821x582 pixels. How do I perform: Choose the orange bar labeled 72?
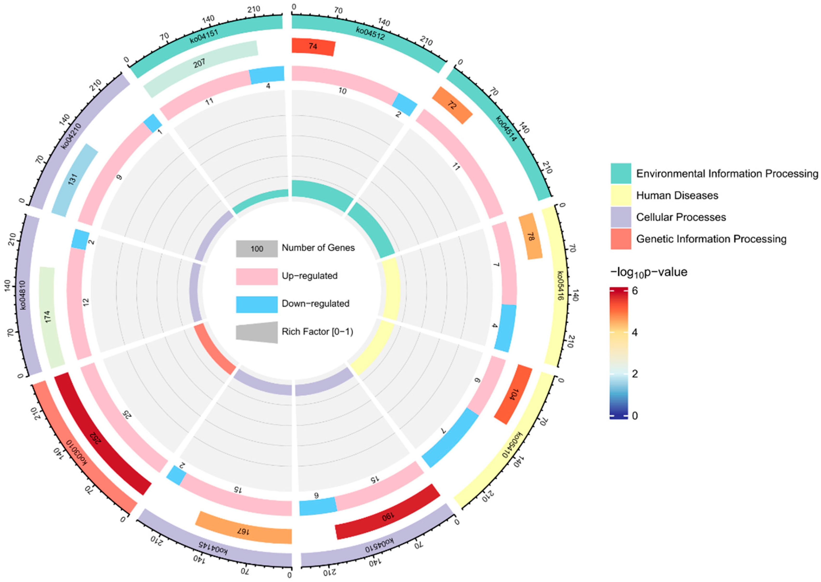[x=452, y=105]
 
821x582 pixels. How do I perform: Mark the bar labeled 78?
[x=530, y=237]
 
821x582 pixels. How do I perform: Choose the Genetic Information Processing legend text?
[x=711, y=239]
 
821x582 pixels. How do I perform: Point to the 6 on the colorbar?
[x=635, y=291]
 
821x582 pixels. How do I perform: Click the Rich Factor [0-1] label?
[x=317, y=332]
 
